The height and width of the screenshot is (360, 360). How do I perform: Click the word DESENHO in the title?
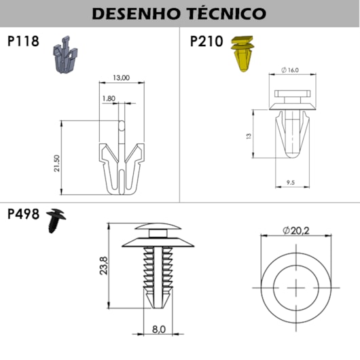click(136, 14)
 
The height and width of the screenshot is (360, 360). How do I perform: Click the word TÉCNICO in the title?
click(226, 13)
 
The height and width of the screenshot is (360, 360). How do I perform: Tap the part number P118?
click(23, 41)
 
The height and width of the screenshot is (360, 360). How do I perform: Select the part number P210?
click(206, 41)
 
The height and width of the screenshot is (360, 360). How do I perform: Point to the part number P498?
click(23, 214)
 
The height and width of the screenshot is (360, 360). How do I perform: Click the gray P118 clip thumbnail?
click(65, 54)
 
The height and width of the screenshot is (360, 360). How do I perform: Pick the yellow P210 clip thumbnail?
click(242, 53)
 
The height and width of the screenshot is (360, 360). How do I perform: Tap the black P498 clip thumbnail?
click(56, 220)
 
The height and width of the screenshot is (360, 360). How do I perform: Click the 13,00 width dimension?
click(121, 78)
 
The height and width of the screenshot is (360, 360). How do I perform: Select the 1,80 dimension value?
click(109, 98)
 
